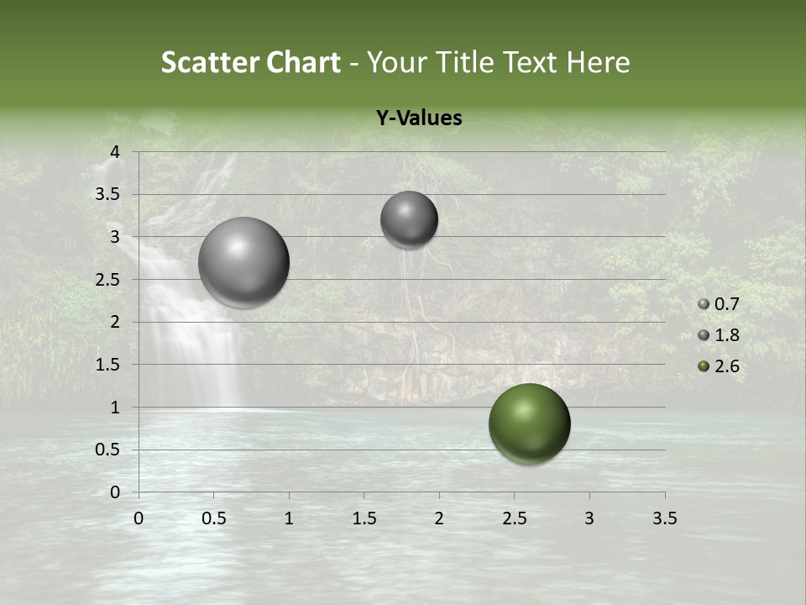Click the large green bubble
coord(529,423)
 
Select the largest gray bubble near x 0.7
coord(243,262)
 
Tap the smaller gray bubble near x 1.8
coord(409,219)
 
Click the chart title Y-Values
coord(419,118)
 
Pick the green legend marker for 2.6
coord(703,366)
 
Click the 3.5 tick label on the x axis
coord(664,518)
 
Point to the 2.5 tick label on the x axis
coord(514,518)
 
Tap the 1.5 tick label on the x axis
coord(364,518)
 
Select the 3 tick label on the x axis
coord(589,518)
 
